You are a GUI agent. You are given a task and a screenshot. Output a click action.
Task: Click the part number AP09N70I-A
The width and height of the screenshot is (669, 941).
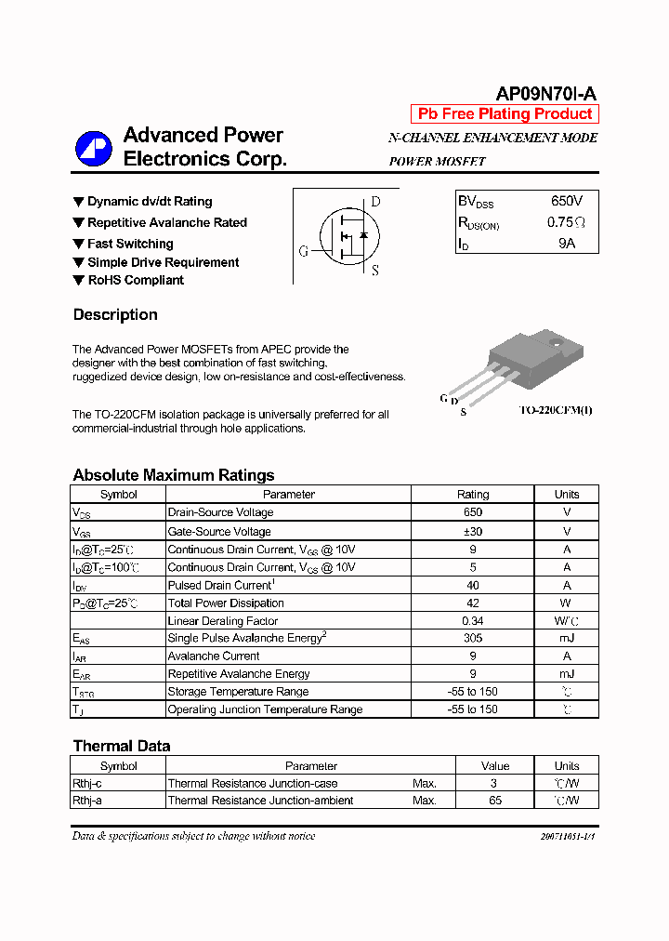(546, 93)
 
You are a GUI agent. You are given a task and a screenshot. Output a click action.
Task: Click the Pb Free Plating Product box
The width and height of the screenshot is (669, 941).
(505, 114)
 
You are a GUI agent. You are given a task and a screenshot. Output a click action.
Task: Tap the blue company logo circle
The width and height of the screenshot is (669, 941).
(93, 147)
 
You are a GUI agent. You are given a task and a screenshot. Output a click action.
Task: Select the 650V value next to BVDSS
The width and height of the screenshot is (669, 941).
(567, 201)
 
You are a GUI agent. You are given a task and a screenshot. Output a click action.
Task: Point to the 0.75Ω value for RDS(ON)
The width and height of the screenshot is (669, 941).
(566, 222)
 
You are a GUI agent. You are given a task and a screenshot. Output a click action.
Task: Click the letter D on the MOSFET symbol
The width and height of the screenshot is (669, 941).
(375, 202)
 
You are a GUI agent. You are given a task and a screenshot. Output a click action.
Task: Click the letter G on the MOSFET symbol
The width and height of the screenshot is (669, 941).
(304, 251)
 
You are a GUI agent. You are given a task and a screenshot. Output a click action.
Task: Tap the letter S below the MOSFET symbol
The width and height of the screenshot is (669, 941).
(375, 271)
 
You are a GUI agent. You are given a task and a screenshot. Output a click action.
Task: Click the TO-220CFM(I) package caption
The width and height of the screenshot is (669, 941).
(555, 410)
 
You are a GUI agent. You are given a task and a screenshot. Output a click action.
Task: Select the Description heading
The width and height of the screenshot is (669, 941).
(115, 314)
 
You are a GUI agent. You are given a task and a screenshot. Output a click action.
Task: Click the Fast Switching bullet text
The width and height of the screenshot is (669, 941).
(130, 244)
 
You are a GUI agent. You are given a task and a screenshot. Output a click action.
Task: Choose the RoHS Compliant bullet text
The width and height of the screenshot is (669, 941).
(136, 280)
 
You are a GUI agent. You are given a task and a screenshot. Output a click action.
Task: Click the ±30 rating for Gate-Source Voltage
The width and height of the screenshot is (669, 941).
(473, 531)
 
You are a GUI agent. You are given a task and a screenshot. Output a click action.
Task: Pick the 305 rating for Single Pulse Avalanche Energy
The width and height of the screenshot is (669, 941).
(473, 638)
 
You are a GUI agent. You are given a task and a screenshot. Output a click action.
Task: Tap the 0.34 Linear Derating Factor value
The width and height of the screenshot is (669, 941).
(473, 620)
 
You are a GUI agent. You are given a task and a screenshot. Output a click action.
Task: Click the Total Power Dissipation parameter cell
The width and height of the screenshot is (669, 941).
(226, 603)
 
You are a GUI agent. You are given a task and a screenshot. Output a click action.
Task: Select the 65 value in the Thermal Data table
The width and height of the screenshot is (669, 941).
(495, 800)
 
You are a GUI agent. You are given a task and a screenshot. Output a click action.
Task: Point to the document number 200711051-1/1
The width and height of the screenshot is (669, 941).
(567, 836)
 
